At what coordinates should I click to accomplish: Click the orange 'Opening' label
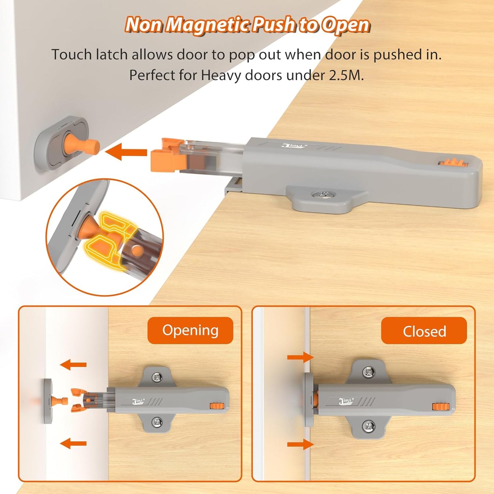coord(190,330)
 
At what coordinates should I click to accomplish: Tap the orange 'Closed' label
coord(424,331)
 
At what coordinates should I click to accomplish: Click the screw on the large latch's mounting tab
coord(323,195)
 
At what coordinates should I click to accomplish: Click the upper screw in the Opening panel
coord(157,377)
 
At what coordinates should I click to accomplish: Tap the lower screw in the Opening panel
coord(157,421)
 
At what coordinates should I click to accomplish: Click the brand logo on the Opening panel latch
coord(139,401)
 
